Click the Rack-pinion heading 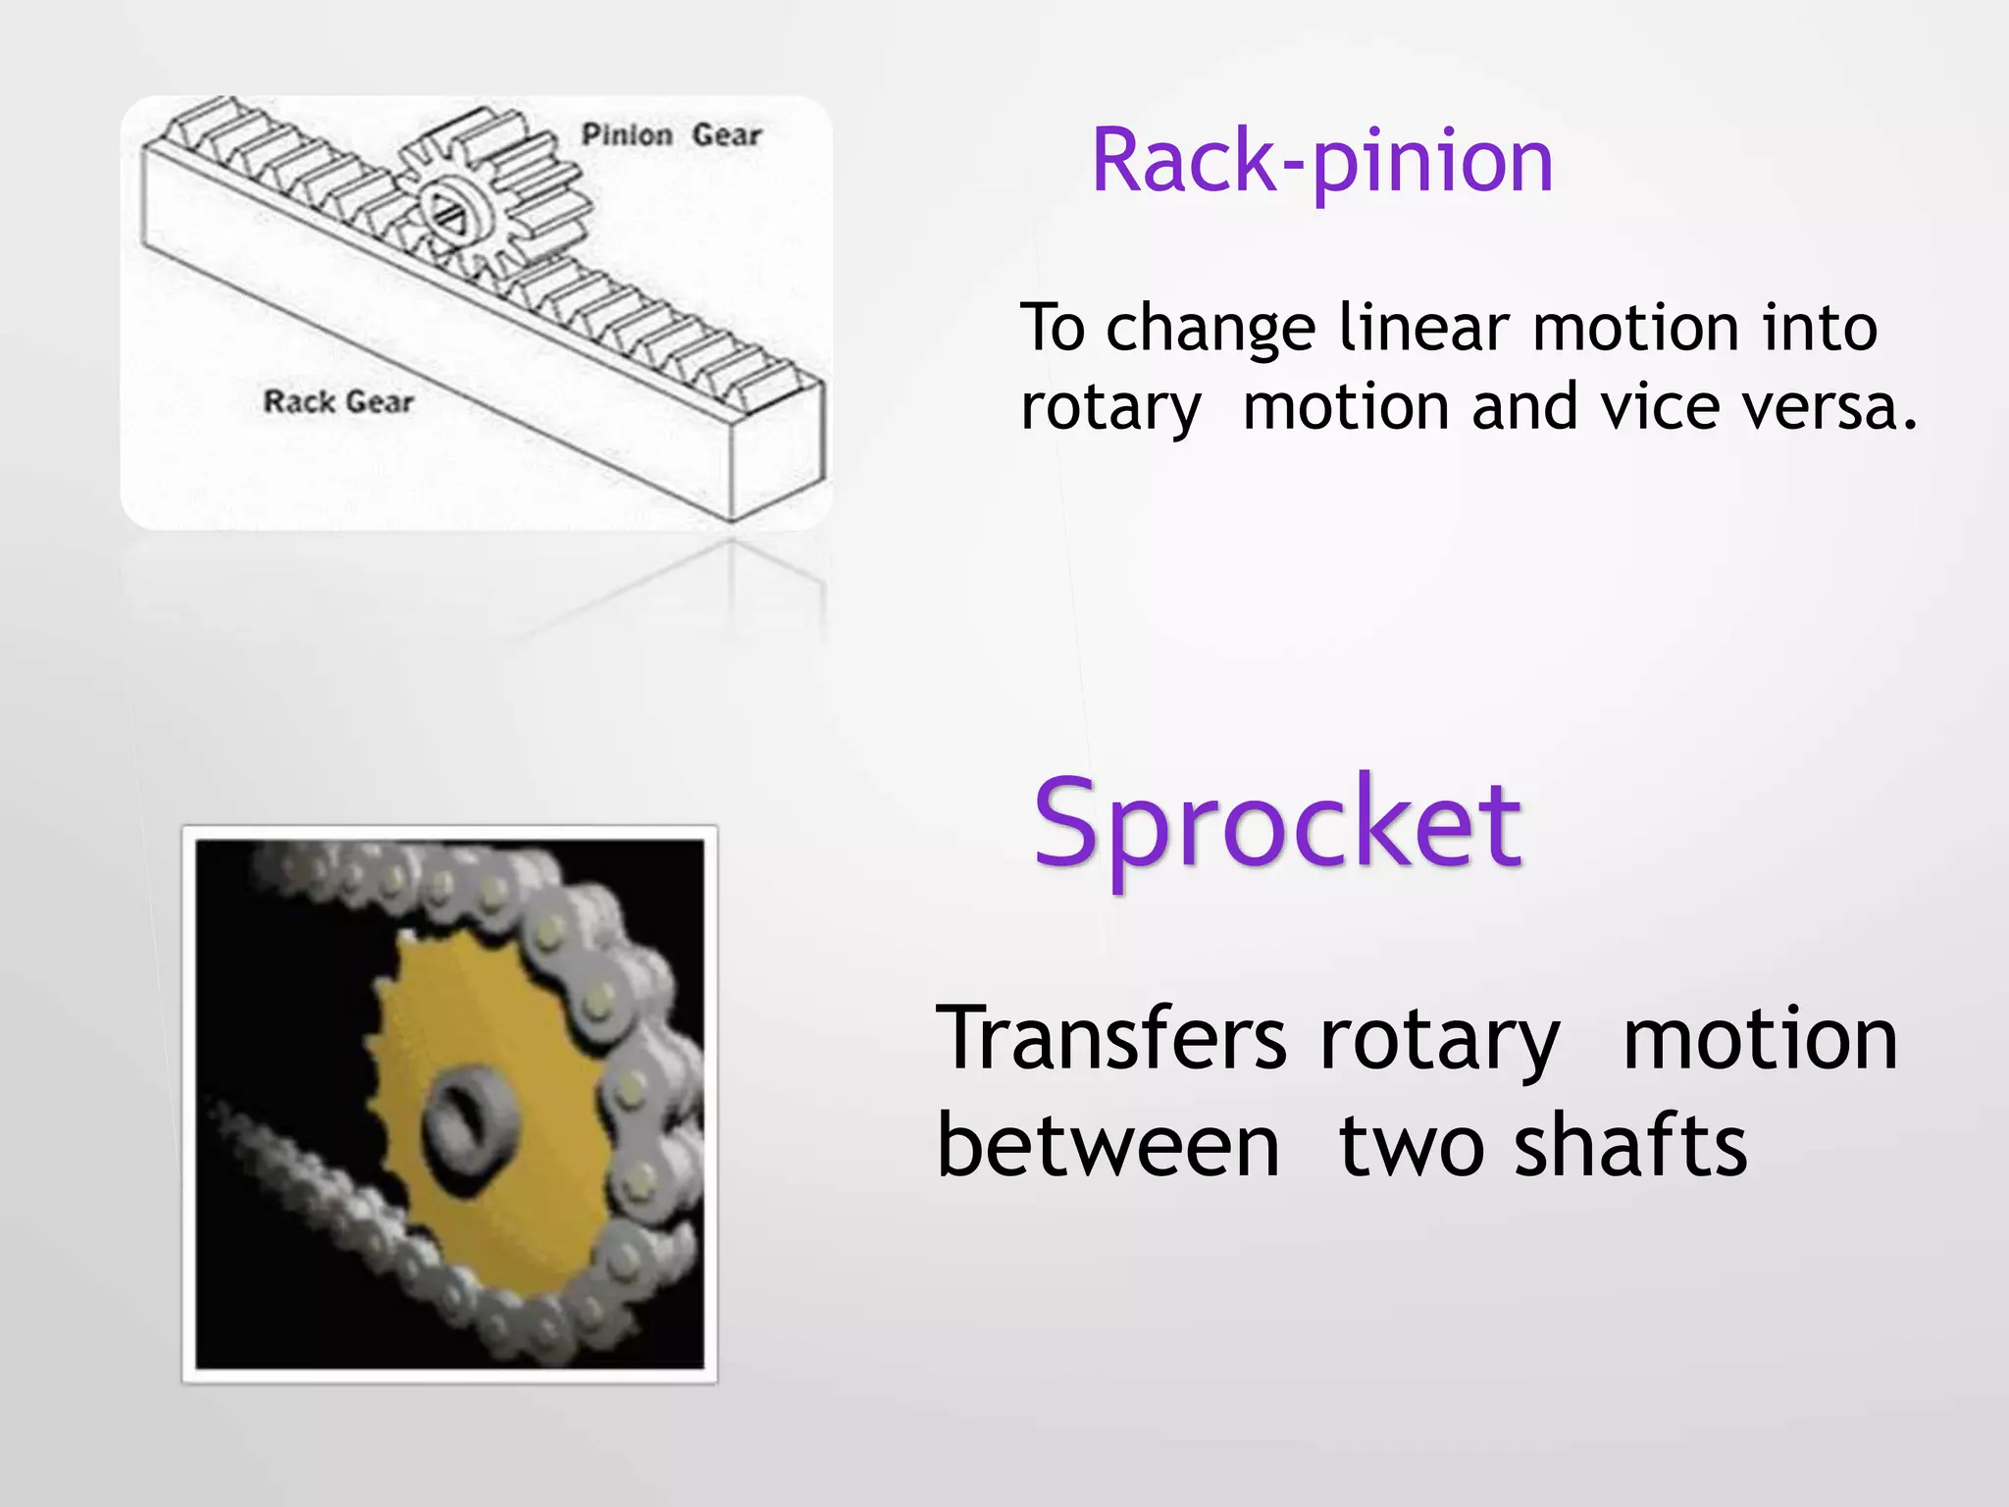point(1321,161)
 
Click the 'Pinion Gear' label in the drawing point(671,134)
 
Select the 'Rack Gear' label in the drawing point(338,401)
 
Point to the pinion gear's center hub point(452,209)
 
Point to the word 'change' point(1211,330)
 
